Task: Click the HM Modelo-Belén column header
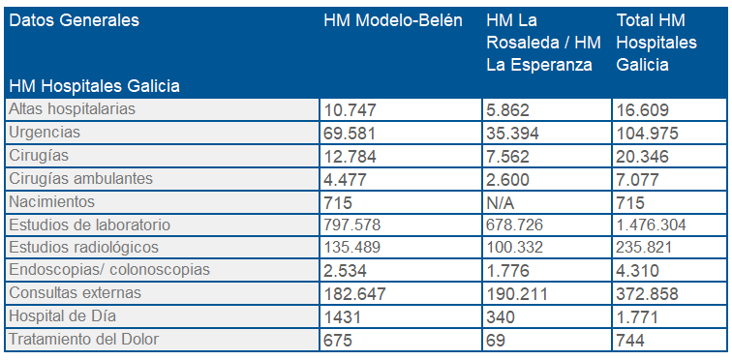392,20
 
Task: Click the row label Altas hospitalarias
72,108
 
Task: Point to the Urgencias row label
44,132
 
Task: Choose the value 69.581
351,133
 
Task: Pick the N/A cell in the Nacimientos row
501,201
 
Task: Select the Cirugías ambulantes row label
80,178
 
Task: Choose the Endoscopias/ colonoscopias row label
108,269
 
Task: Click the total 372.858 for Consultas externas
651,293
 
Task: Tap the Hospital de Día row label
59,315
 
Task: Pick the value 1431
343,316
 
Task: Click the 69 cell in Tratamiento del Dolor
496,340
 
